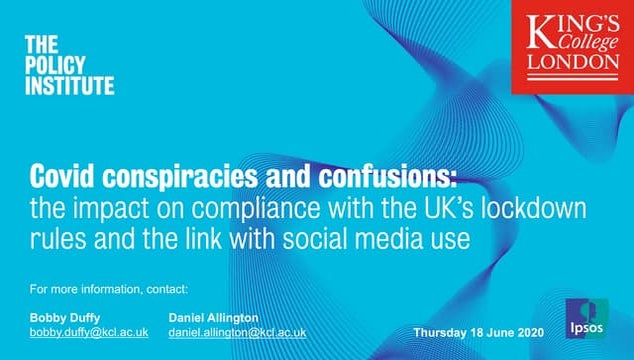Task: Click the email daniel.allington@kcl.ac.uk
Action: point(238,332)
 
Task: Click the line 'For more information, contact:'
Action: point(109,290)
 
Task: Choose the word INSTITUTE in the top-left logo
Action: point(68,86)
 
